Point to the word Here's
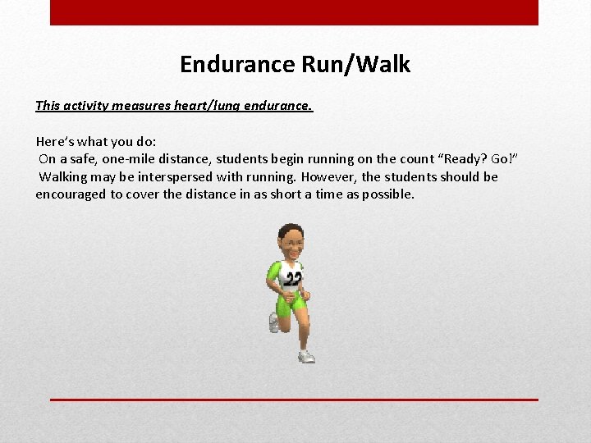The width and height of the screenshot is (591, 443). coord(57,141)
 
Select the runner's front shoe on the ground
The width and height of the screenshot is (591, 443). coord(306,356)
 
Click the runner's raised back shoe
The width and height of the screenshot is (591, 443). coord(274,323)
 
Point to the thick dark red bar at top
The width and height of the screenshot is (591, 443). coord(294,12)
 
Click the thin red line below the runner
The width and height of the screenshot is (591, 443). coord(294,400)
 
